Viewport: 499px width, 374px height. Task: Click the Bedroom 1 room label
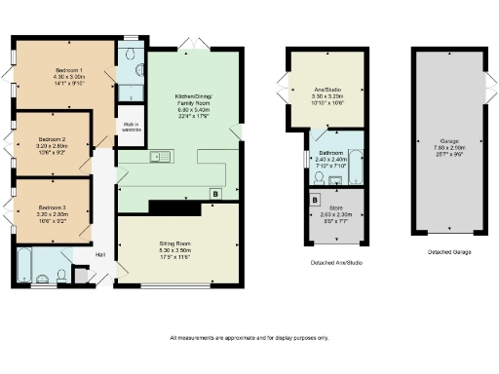[x=68, y=77]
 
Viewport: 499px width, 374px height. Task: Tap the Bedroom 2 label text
[x=52, y=145]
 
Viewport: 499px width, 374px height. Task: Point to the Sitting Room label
[x=177, y=248]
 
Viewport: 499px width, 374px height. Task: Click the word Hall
[x=99, y=256]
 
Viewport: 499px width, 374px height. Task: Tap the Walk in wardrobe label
[x=130, y=127]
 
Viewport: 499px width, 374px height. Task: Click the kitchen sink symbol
[x=161, y=157]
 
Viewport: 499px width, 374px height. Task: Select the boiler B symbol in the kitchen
[x=214, y=194]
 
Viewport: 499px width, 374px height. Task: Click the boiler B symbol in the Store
[x=315, y=200]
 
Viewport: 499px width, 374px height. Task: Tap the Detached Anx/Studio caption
[x=325, y=263]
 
